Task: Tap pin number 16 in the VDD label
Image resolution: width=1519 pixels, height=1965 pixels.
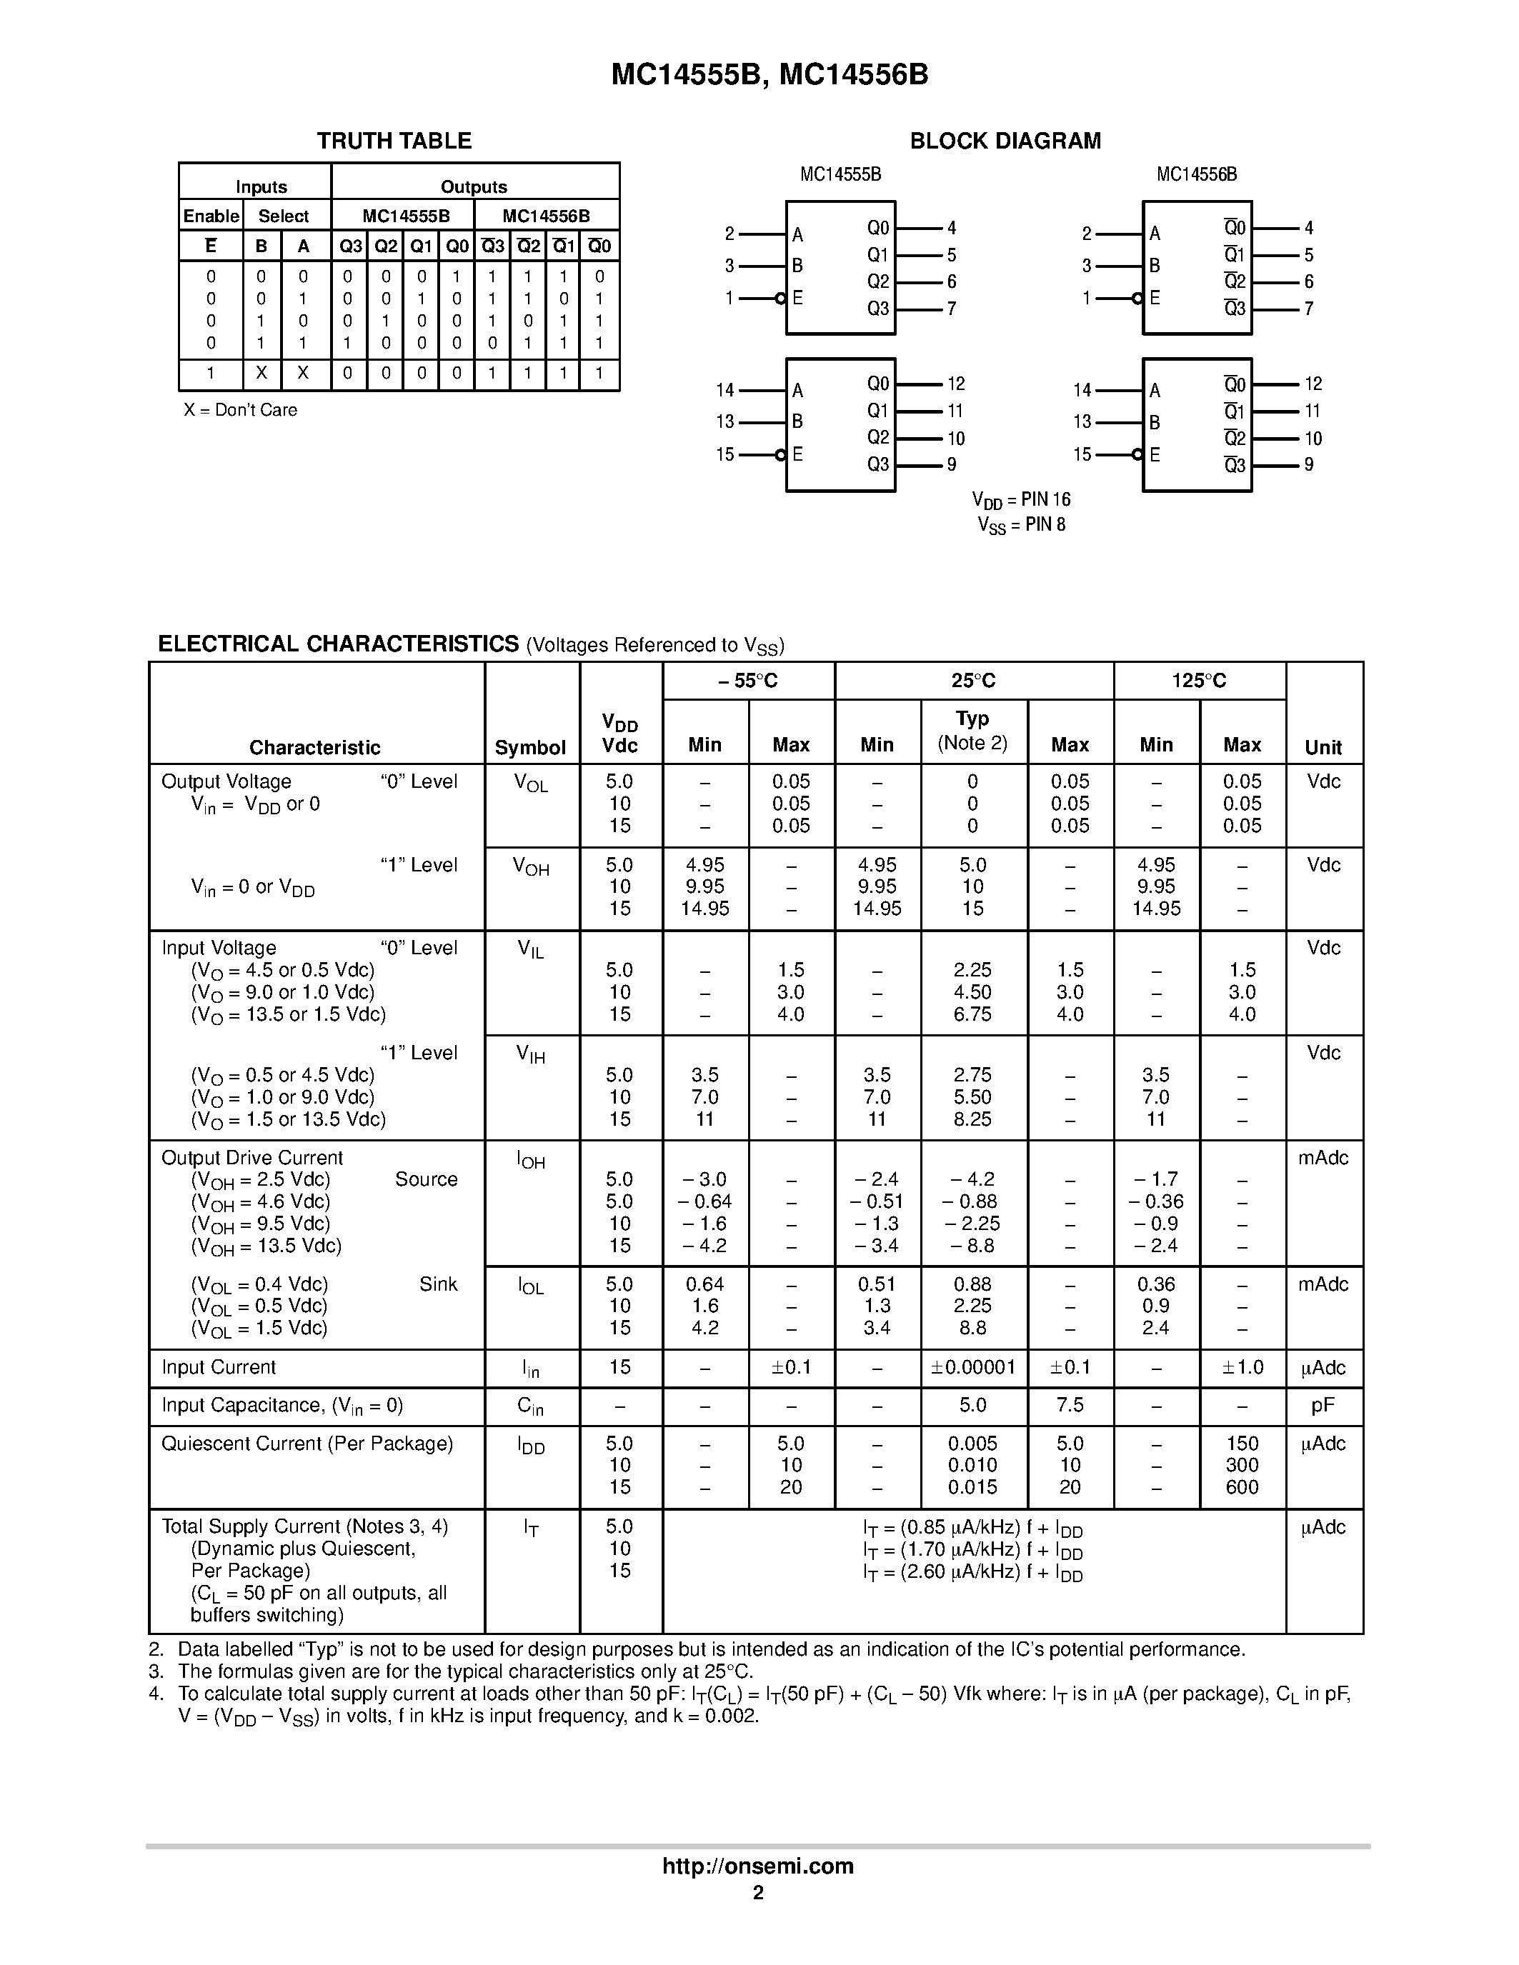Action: pos(1061,499)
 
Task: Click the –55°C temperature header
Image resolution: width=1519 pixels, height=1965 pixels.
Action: pos(748,681)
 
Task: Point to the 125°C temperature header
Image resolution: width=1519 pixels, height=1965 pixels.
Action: pos(1199,681)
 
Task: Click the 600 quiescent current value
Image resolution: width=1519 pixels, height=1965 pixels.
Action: pos(1242,1486)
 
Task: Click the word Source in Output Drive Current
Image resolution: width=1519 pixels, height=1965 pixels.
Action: pos(426,1179)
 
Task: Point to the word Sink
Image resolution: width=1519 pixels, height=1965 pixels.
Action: pos(438,1284)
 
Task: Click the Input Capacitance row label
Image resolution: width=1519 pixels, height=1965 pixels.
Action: pos(282,1406)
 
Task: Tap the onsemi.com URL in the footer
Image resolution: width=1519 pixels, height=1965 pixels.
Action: pos(757,1866)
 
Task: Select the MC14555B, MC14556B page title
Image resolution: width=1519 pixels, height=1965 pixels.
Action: pos(770,74)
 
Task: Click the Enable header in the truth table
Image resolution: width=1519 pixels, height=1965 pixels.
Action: pos(211,216)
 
